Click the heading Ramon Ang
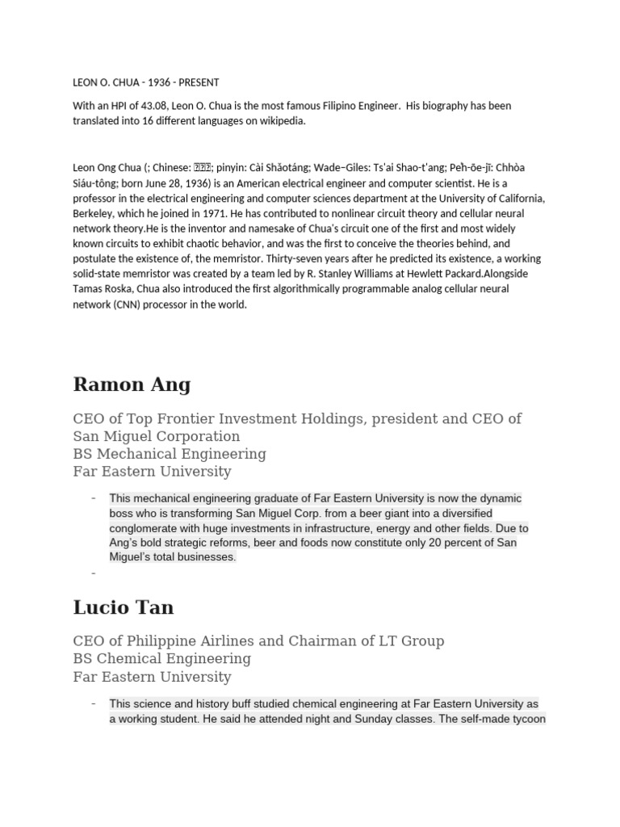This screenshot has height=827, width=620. (132, 384)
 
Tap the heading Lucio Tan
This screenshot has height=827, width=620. (123, 607)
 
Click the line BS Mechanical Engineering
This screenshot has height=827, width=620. (170, 453)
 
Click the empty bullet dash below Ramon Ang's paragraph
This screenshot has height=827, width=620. (94, 573)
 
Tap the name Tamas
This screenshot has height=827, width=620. (90, 288)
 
